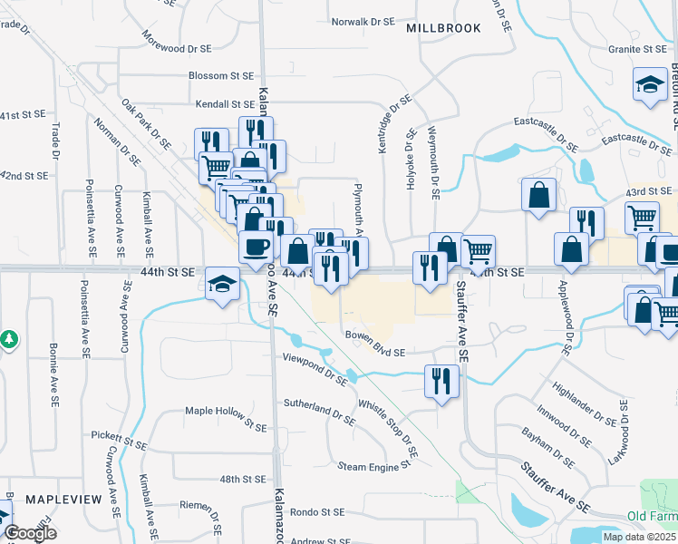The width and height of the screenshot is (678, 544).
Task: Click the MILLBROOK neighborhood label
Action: pyautogui.click(x=443, y=28)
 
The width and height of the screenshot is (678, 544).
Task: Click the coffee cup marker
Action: pyautogui.click(x=257, y=246)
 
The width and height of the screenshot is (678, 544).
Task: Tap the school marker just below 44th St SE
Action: pyautogui.click(x=221, y=285)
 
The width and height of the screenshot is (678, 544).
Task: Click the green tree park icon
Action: pyautogui.click(x=9, y=339)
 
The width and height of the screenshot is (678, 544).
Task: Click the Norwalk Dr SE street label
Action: pyautogui.click(x=363, y=21)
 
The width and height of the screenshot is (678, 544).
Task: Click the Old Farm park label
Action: pyautogui.click(x=652, y=517)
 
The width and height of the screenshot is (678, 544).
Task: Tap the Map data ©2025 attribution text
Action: pyautogui.click(x=640, y=537)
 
